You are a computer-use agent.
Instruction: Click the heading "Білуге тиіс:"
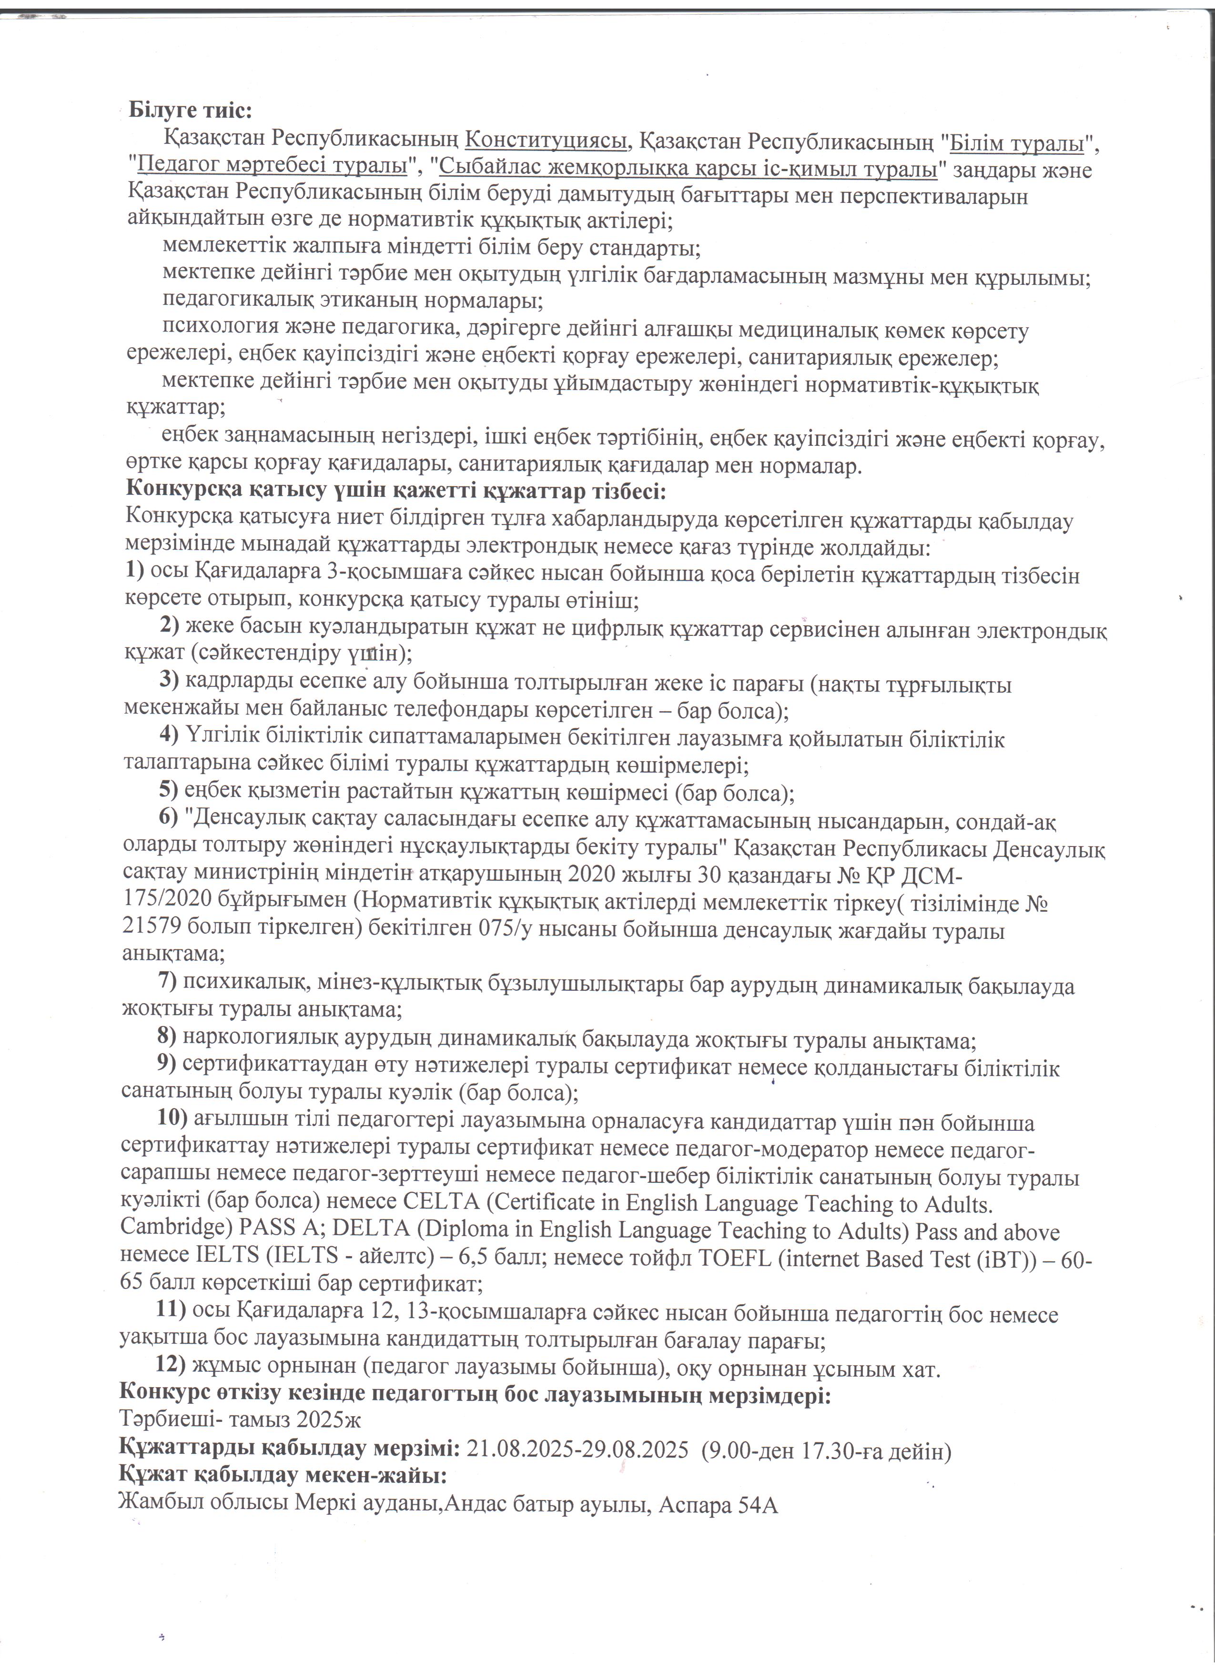point(190,111)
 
